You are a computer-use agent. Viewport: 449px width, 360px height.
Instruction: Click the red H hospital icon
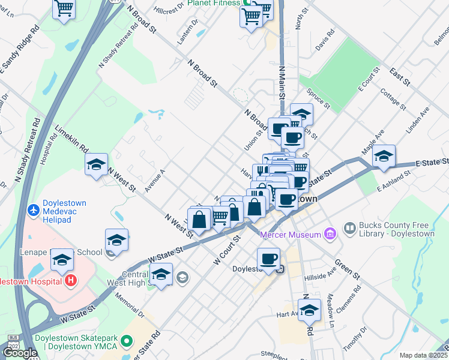[71, 280]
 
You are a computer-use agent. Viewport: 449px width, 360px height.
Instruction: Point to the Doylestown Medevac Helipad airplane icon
[34, 211]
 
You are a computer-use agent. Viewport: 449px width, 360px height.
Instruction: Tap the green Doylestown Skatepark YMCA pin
[126, 341]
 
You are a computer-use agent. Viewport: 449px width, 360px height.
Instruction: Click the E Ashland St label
[393, 182]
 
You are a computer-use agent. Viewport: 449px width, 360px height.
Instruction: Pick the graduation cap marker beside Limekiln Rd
[96, 164]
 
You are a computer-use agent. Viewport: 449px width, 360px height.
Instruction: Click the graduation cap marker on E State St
[384, 155]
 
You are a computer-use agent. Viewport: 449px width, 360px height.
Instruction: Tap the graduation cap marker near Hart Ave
[309, 310]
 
